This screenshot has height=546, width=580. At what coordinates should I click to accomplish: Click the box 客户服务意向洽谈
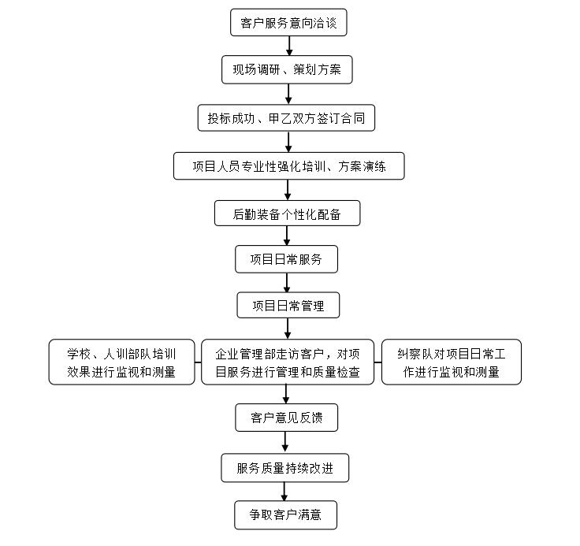click(x=288, y=23)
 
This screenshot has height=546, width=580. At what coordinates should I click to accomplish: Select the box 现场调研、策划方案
click(x=287, y=69)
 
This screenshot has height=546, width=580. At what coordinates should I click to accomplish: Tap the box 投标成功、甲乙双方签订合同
click(x=286, y=118)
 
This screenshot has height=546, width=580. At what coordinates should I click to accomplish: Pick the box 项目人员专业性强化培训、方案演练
click(x=289, y=166)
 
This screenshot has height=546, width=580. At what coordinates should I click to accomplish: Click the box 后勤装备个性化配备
click(x=288, y=213)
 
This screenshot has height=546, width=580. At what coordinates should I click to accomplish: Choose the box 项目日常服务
click(x=286, y=259)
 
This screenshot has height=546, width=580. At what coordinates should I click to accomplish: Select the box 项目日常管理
click(x=288, y=305)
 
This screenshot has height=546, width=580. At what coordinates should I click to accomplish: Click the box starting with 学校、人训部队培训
click(x=121, y=362)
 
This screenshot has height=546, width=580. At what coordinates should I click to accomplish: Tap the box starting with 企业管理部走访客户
click(x=288, y=362)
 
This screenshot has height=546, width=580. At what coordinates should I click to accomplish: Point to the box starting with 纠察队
click(x=452, y=362)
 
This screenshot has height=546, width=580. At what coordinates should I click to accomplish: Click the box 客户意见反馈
click(x=286, y=418)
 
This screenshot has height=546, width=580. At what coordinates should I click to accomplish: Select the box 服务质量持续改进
click(x=284, y=468)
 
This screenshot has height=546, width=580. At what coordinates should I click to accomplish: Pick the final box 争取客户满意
click(x=285, y=515)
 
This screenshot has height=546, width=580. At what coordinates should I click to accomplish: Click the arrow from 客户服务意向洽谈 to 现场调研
click(x=289, y=46)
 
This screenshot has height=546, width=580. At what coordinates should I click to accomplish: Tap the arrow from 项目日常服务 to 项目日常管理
click(x=287, y=283)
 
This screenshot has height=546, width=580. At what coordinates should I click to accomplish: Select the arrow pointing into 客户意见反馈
click(x=286, y=394)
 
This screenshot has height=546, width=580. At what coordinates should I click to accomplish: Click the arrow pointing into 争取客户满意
click(x=284, y=492)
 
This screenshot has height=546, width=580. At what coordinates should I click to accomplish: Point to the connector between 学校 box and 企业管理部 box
click(x=198, y=362)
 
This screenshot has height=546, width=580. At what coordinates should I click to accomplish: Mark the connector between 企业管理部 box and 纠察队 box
click(x=377, y=362)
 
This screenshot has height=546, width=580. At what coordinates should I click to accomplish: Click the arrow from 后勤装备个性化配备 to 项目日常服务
click(x=287, y=236)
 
